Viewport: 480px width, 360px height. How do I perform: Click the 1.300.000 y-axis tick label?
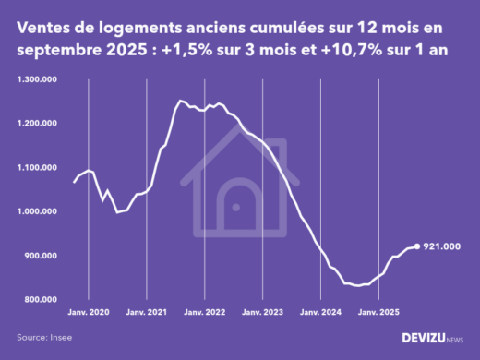tap(38, 79)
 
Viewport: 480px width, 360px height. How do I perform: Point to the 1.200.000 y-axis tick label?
tap(38, 124)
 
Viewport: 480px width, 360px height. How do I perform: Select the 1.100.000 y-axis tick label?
tap(38, 168)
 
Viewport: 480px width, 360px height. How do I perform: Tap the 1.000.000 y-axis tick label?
tap(38, 212)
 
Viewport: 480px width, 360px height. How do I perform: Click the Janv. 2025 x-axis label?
tap(378, 313)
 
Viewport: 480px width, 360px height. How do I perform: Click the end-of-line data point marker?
tap(416, 246)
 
